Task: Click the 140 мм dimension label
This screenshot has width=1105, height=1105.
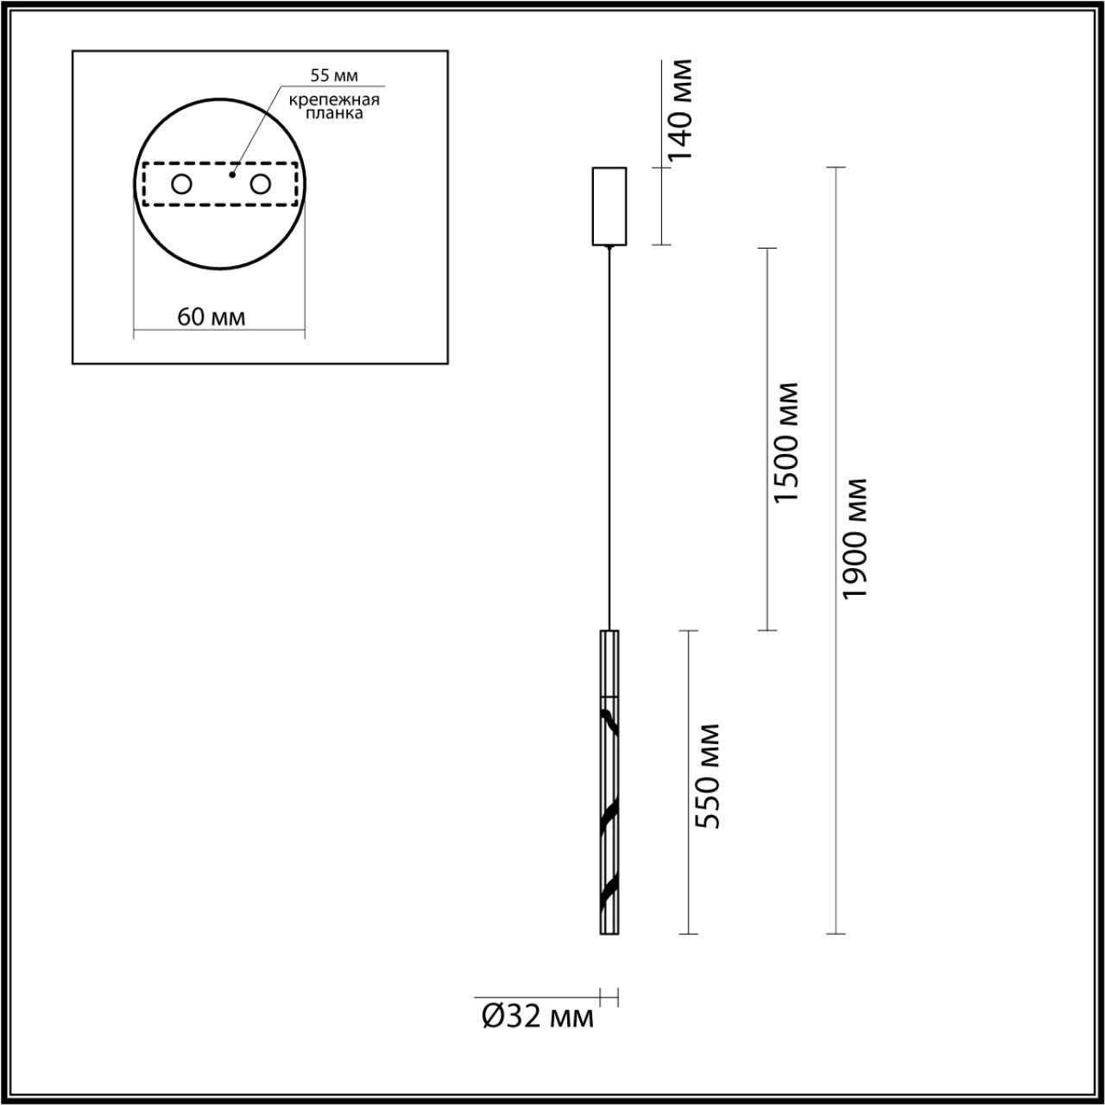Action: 681,110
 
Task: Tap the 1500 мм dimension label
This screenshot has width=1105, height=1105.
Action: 786,442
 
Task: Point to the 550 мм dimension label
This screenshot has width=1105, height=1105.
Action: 708,776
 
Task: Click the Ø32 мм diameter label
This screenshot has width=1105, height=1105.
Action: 537,1017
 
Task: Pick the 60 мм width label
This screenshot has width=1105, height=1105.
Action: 212,317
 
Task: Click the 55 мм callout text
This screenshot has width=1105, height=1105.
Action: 334,76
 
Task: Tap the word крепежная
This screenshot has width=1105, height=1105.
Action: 335,99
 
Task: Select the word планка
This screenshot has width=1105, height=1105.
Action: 335,113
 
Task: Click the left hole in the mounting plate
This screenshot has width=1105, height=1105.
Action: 182,184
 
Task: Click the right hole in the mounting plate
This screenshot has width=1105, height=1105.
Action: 260,184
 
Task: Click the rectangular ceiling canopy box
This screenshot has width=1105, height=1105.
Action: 609,205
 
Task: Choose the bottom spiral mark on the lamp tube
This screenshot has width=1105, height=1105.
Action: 609,890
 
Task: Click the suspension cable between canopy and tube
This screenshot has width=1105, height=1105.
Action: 610,432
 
